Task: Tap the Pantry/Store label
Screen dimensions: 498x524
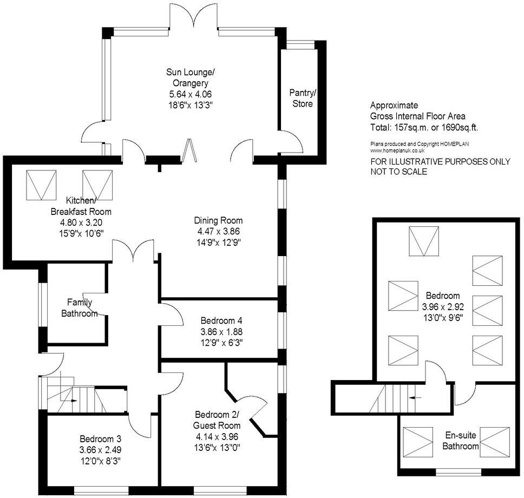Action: pos(302,99)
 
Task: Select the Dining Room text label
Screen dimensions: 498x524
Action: pos(218,220)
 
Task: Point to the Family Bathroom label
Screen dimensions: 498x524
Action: pos(79,307)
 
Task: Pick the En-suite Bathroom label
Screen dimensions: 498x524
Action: pos(461,441)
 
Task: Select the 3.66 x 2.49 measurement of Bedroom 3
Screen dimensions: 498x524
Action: pos(100,449)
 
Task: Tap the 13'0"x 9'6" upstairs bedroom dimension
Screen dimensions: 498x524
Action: pos(442,318)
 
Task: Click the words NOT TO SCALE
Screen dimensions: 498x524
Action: pos(398,172)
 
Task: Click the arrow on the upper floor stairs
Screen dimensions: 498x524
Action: pos(416,397)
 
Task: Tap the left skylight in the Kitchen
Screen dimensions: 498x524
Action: pos(41,184)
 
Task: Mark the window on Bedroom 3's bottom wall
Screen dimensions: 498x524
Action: pos(102,490)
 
